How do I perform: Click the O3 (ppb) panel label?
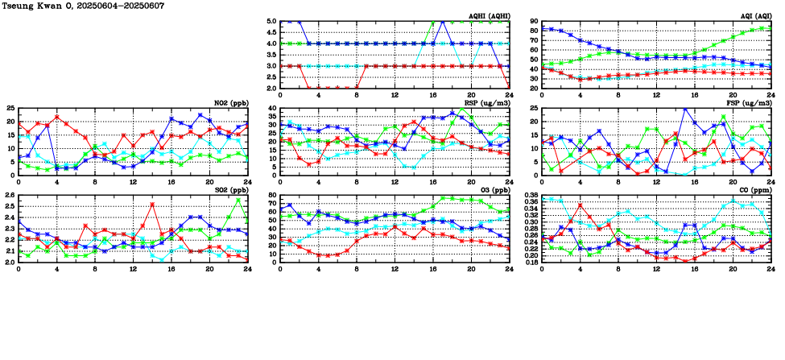[x=493, y=190]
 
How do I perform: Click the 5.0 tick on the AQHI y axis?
[x=271, y=22]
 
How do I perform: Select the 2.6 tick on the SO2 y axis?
[x=10, y=196]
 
